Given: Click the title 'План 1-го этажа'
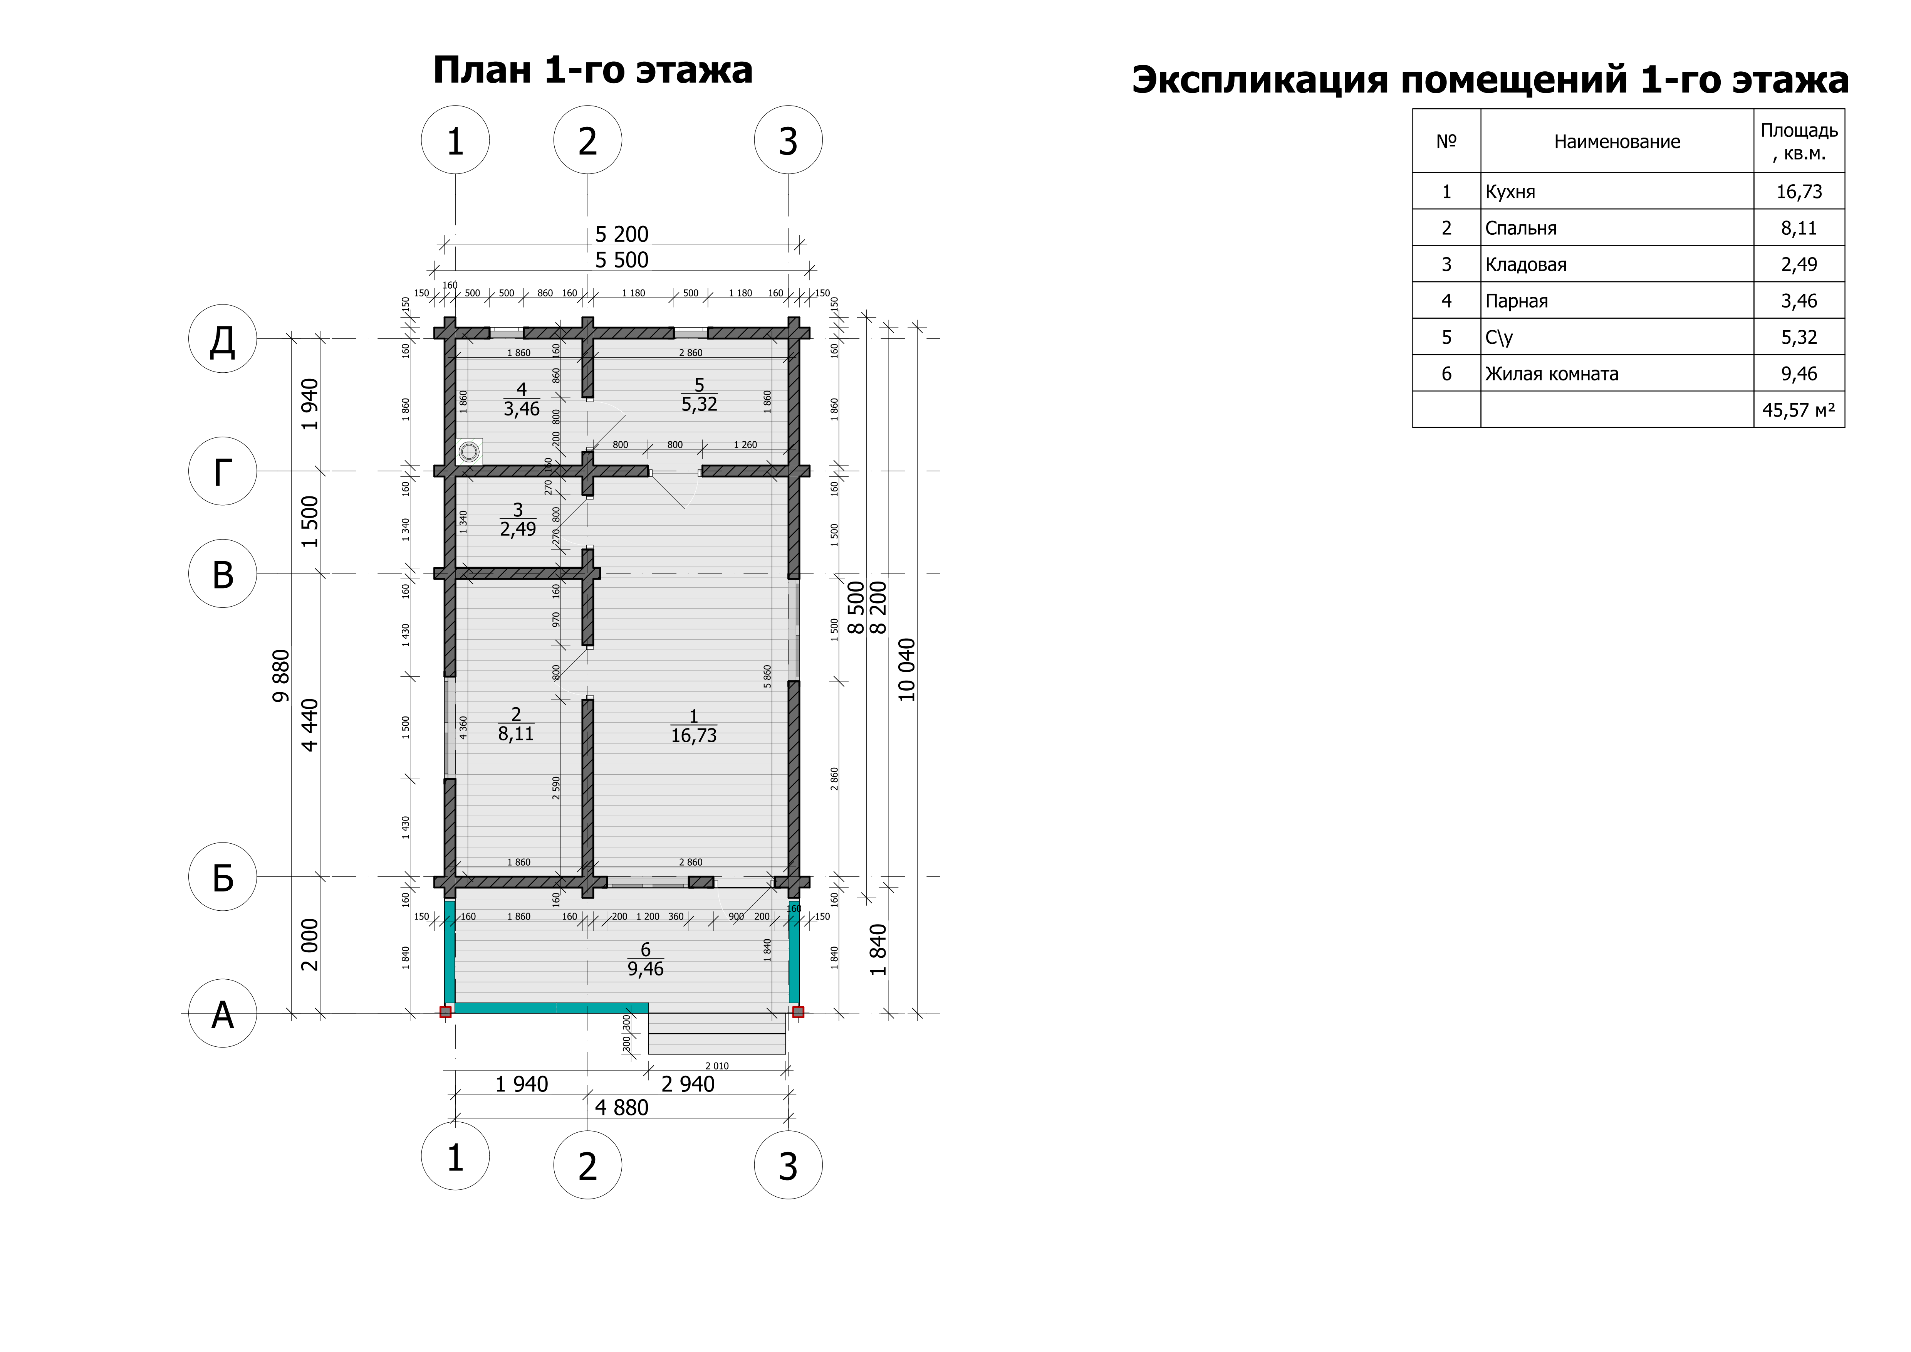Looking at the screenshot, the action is (592, 71).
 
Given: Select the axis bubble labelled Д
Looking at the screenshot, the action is (222, 339).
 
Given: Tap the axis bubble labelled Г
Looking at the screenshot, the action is (222, 471).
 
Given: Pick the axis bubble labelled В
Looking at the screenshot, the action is (222, 573).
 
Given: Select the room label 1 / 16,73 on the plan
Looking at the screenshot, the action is (693, 726).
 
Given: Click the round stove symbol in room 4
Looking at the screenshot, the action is (470, 451).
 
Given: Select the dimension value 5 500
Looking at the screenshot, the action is (622, 260).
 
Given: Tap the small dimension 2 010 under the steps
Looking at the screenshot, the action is (716, 1066).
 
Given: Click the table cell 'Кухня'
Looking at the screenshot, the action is (1510, 192).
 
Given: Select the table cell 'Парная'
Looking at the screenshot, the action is (1517, 301).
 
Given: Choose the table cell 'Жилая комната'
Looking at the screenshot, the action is (1552, 374).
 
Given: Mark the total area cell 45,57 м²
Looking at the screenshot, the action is (1799, 410).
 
